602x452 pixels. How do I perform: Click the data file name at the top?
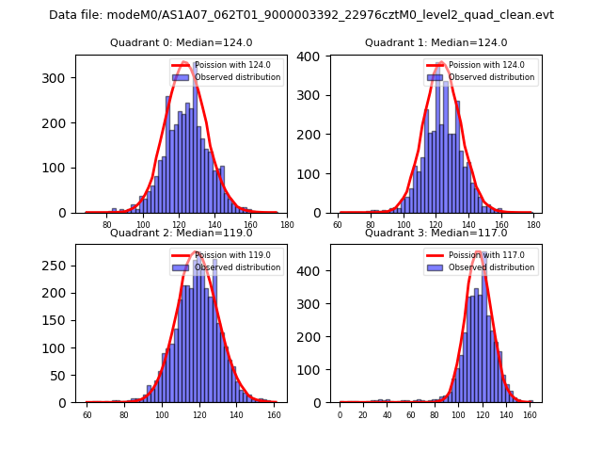[x=301, y=15]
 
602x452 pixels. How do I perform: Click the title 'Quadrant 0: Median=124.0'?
[x=181, y=42]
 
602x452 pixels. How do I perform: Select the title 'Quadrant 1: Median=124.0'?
[x=436, y=42]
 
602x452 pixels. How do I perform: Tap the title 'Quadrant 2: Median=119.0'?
[x=181, y=233]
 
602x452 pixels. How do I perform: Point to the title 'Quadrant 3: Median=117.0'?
[x=436, y=233]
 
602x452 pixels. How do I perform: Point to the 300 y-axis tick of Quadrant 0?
[x=61, y=78]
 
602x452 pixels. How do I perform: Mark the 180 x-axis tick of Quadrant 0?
[x=286, y=225]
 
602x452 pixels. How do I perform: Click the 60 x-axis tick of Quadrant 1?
[x=338, y=225]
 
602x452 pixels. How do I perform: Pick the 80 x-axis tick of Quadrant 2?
[x=124, y=414]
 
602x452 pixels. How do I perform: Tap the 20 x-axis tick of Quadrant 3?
[x=363, y=414]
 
